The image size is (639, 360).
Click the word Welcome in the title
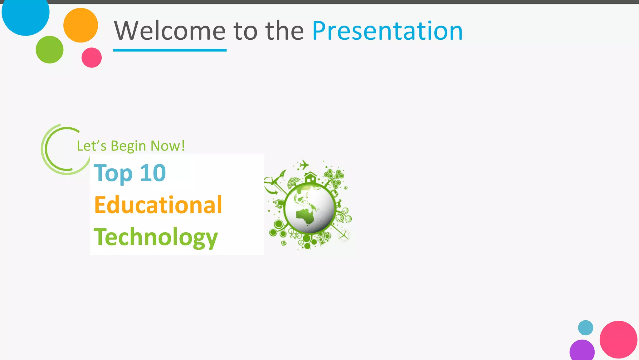(x=170, y=31)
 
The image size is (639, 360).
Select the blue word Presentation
(x=387, y=31)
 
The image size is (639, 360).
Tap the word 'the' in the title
(x=284, y=31)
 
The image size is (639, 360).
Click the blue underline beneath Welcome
(x=170, y=50)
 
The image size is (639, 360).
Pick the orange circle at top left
(x=80, y=25)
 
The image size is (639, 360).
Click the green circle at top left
(x=49, y=50)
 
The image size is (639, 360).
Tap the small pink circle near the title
(x=91, y=57)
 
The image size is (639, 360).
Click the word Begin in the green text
(x=128, y=146)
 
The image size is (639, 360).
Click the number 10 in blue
(x=153, y=173)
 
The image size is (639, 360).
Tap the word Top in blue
(x=113, y=173)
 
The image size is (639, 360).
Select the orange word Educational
(x=158, y=205)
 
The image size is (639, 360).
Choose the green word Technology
(x=156, y=237)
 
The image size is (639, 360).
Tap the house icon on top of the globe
(x=310, y=178)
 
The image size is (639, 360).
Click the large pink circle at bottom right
(x=618, y=339)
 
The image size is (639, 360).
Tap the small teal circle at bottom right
(x=585, y=328)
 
